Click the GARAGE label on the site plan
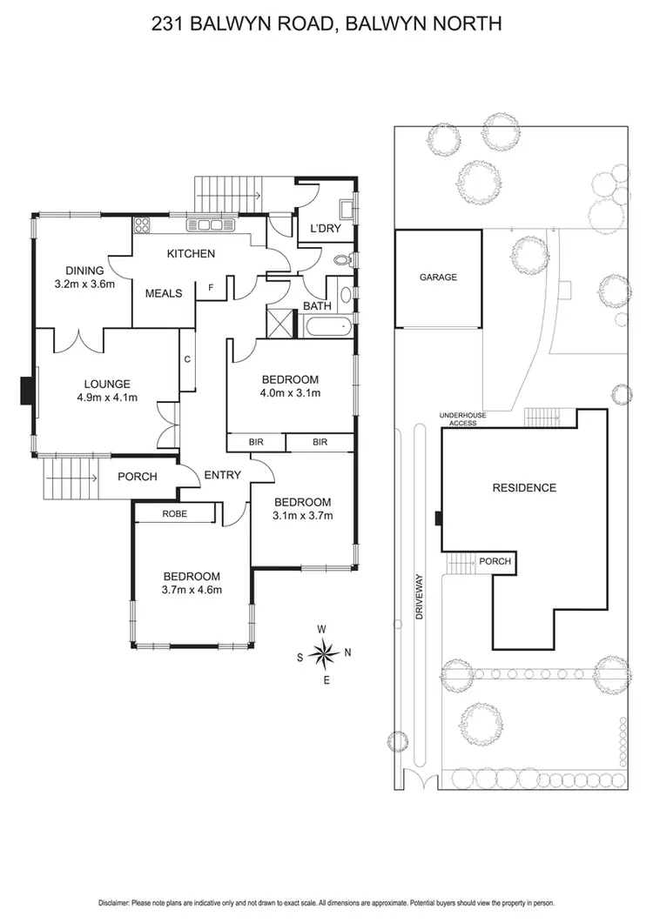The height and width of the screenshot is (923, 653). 438,278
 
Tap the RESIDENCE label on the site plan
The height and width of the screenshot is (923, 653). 524,488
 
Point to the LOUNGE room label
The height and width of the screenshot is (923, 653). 107,384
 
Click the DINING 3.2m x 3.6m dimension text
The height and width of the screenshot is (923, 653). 84,284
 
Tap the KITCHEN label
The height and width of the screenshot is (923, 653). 191,254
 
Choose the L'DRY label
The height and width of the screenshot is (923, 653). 325,230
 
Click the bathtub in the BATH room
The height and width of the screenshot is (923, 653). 327,327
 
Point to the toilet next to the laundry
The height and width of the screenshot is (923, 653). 344,259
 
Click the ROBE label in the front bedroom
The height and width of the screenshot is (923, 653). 174,514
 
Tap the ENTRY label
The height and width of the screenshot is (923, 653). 222,475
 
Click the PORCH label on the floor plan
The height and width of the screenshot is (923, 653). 137,477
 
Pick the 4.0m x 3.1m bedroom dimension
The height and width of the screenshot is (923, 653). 291,393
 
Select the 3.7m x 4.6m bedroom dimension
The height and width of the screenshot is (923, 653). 192,590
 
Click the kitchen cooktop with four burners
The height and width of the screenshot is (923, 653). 143,225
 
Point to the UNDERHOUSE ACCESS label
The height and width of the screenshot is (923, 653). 463,419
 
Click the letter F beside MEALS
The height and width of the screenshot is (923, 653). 211,286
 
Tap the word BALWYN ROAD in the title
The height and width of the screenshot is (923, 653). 272,23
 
